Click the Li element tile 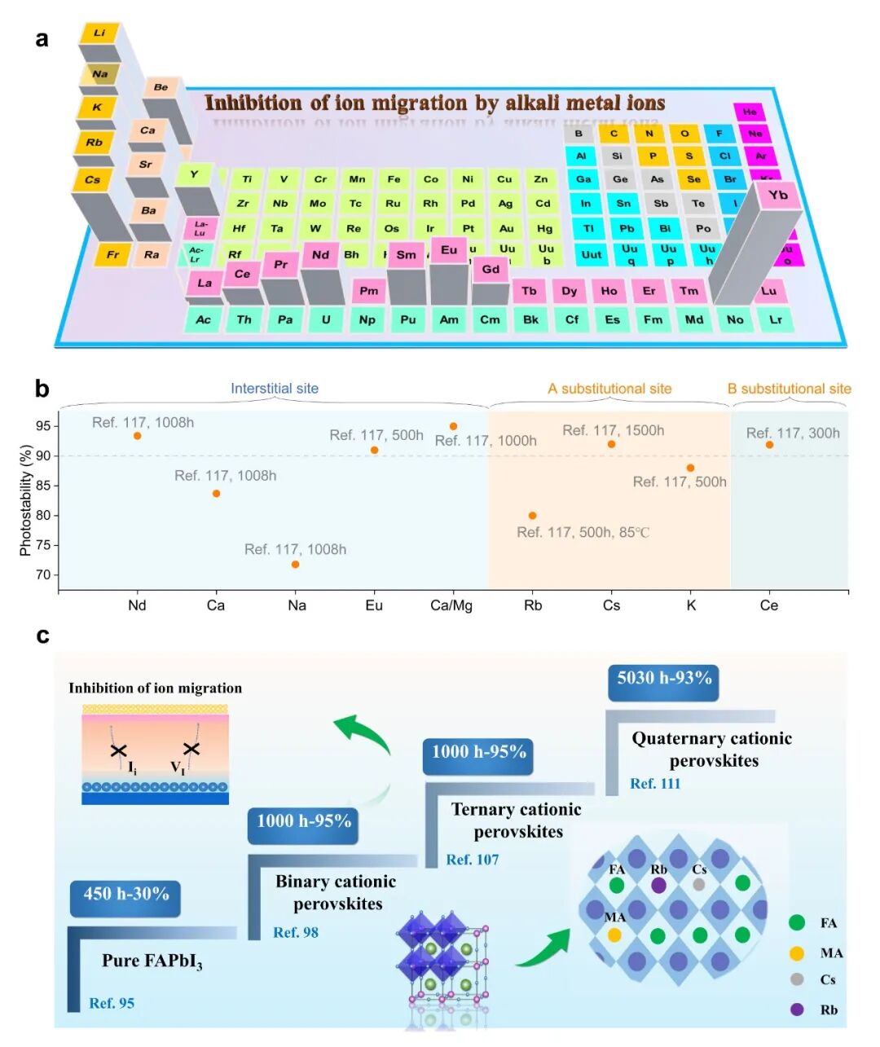[99, 33]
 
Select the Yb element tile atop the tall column [778, 196]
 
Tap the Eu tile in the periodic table [449, 250]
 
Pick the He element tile [750, 112]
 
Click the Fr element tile [112, 254]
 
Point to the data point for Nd [138, 436]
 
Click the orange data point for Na [296, 565]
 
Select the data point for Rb [532, 516]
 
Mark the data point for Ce [769, 445]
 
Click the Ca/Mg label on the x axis [451, 605]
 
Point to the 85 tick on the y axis [42, 486]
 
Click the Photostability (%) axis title [25, 500]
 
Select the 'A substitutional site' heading [609, 389]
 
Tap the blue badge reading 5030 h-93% [664, 678]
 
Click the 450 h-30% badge [126, 894]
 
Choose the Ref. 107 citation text [473, 860]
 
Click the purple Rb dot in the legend [797, 1010]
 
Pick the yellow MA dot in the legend [797, 953]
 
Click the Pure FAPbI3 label [152, 961]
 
